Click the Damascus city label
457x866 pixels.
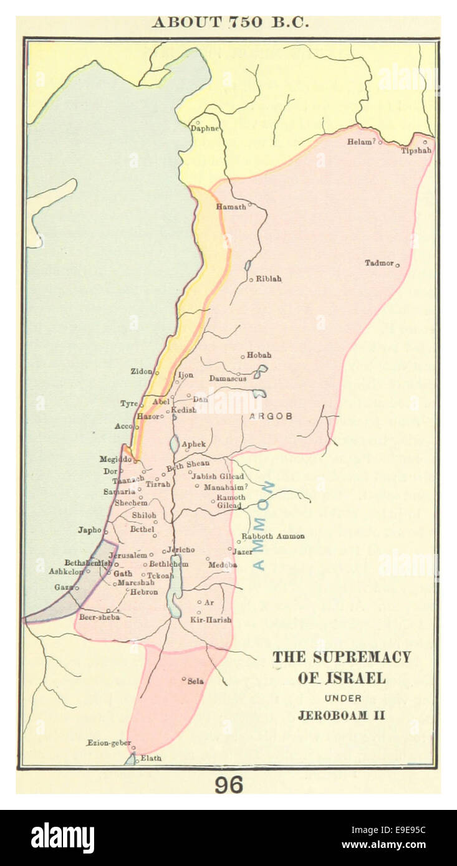pyautogui.click(x=228, y=378)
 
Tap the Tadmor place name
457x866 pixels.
pyautogui.click(x=379, y=263)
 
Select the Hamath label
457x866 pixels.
pyautogui.click(x=231, y=207)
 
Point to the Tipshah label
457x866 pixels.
pyautogui.click(x=416, y=151)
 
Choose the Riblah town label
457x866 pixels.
pyautogui.click(x=268, y=279)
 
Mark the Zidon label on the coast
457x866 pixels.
pyautogui.click(x=141, y=371)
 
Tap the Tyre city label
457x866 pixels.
pyautogui.click(x=128, y=404)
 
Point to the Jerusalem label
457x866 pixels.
pyautogui.click(x=128, y=555)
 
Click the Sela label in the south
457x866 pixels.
pyautogui.click(x=195, y=681)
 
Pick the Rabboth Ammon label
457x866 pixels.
pyautogui.click(x=273, y=536)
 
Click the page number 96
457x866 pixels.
pyautogui.click(x=229, y=785)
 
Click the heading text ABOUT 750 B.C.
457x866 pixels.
pyautogui.click(x=230, y=22)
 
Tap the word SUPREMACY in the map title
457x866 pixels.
pyautogui.click(x=362, y=657)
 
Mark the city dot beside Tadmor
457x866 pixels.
pyautogui.click(x=397, y=265)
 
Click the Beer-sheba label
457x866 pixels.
pyautogui.click(x=99, y=617)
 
